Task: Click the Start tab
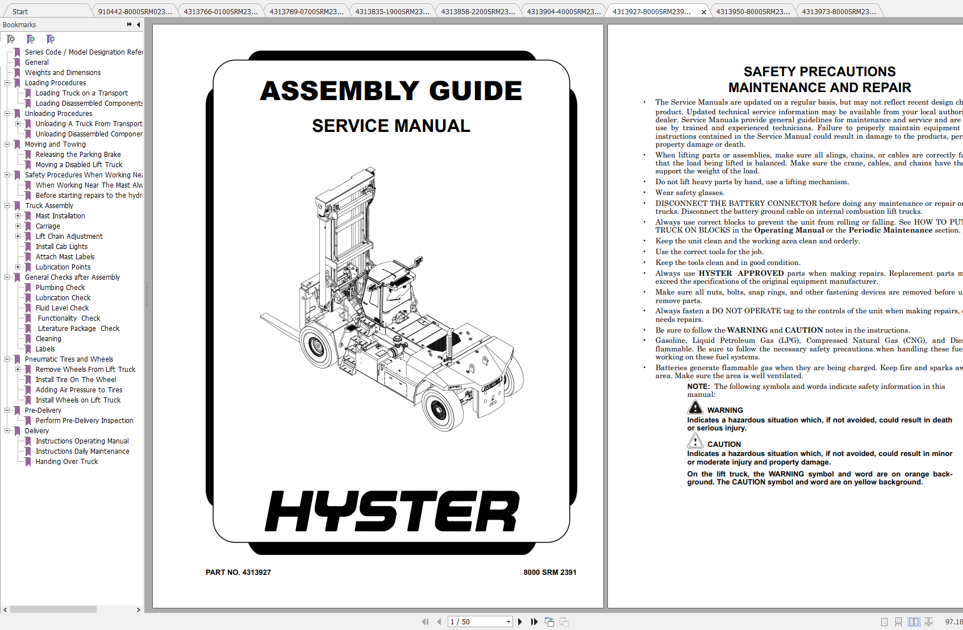pyautogui.click(x=20, y=11)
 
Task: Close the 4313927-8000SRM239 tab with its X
pyautogui.click(x=704, y=12)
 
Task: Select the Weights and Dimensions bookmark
pyautogui.click(x=62, y=73)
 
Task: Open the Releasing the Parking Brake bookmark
pyautogui.click(x=78, y=155)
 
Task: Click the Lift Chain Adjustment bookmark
pyautogui.click(x=69, y=237)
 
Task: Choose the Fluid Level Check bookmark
pyautogui.click(x=62, y=308)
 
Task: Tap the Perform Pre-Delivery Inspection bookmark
pyautogui.click(x=84, y=421)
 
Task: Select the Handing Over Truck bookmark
pyautogui.click(x=66, y=462)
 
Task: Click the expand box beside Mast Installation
pyautogui.click(x=18, y=216)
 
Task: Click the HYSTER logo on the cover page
pyautogui.click(x=392, y=511)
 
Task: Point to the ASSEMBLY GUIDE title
pyautogui.click(x=391, y=91)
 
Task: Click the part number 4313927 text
pyautogui.click(x=238, y=573)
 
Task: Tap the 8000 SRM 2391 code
pyautogui.click(x=549, y=573)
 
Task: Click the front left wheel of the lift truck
pyautogui.click(x=314, y=345)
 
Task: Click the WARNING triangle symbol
pyautogui.click(x=695, y=408)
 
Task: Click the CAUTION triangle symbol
pyautogui.click(x=695, y=441)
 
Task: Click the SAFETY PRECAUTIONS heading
pyautogui.click(x=819, y=72)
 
